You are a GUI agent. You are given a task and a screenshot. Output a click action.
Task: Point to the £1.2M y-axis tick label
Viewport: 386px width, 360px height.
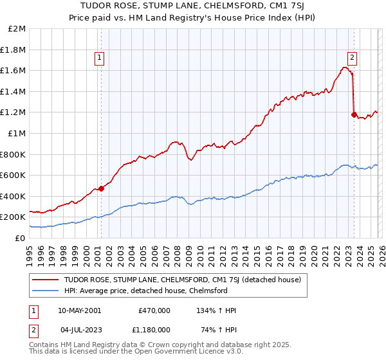[14, 113]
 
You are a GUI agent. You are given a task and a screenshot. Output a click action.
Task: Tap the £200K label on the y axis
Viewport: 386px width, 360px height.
[14, 217]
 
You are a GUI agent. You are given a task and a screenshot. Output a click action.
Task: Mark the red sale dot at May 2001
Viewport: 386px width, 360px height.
[102, 189]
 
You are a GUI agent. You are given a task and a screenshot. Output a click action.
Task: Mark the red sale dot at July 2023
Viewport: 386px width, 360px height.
[354, 114]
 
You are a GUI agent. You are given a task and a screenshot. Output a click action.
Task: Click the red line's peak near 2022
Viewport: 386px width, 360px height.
[345, 67]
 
